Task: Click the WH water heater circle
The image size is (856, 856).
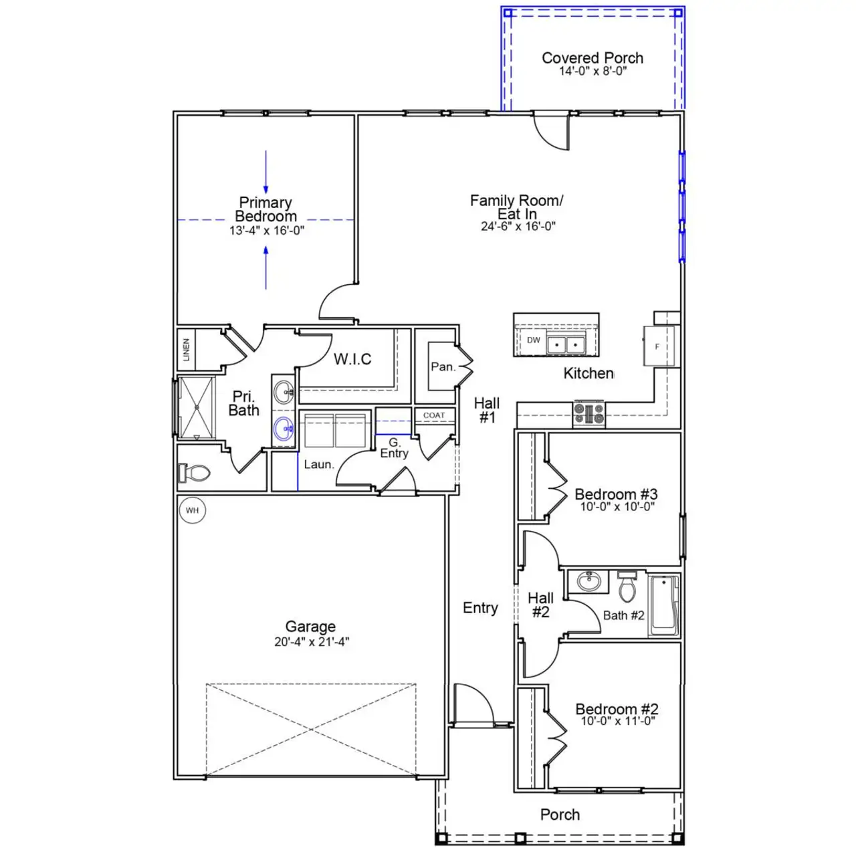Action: [x=193, y=510]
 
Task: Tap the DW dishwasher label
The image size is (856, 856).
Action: [x=534, y=340]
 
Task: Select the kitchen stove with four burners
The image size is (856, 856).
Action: [x=589, y=413]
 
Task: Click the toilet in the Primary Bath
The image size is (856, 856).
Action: [x=195, y=473]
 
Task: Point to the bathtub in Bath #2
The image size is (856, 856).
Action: [x=664, y=605]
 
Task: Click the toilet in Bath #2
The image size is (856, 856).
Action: [x=627, y=588]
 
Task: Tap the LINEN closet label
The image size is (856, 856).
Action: [x=186, y=350]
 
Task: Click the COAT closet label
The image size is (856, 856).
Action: [x=434, y=415]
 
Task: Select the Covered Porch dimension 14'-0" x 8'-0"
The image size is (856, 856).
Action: [x=593, y=71]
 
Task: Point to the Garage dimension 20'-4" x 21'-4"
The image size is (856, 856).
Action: [x=311, y=642]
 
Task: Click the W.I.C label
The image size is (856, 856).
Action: [x=352, y=360]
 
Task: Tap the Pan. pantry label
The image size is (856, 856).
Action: [x=443, y=366]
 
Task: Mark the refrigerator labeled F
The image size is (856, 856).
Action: [x=657, y=346]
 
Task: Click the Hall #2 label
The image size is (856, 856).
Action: [x=540, y=605]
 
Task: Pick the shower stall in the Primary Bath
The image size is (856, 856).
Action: [x=197, y=407]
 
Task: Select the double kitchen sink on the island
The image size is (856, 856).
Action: [x=566, y=344]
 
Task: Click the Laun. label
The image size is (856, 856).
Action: [x=318, y=464]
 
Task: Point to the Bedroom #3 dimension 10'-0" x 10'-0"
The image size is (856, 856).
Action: [x=617, y=507]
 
